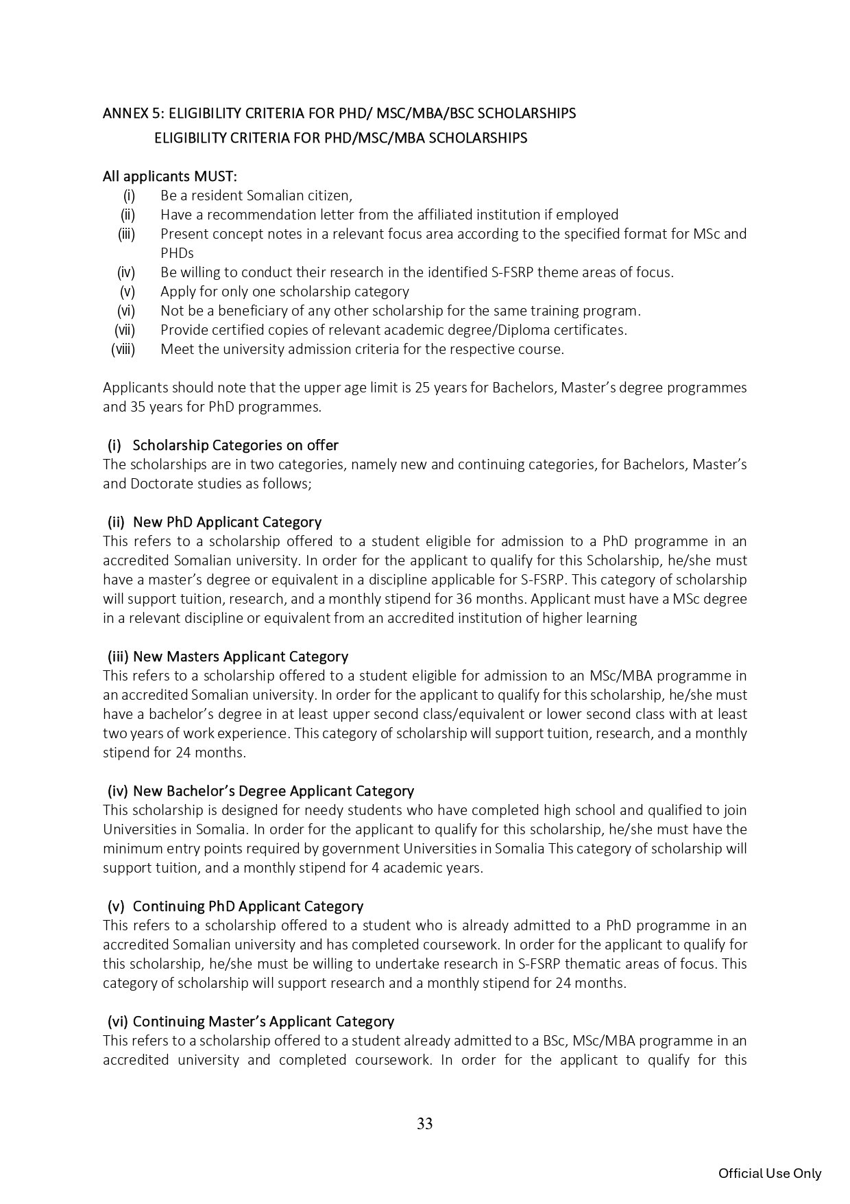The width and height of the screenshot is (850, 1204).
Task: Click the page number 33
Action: pos(424,1124)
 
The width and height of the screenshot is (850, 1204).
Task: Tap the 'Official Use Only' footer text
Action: pos(769,1173)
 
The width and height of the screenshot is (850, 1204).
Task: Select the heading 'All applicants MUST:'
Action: pos(170,176)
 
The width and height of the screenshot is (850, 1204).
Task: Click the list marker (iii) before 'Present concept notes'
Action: pos(127,234)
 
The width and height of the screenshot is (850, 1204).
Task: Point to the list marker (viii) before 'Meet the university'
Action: pos(123,349)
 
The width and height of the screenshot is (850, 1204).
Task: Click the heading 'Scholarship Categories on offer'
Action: pos(235,445)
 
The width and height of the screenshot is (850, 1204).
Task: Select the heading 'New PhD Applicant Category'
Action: pos(227,522)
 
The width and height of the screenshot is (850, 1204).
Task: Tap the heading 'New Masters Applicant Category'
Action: pos(240,657)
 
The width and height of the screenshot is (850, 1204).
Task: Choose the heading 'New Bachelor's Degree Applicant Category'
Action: pos(274,791)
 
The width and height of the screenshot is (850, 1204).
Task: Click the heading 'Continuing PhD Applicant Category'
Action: pos(247,906)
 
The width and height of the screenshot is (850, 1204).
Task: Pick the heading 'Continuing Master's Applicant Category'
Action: pos(263,1022)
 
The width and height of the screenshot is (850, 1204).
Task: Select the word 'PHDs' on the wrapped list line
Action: pos(177,253)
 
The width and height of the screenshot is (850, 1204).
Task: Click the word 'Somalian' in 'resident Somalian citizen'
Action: pos(259,196)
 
